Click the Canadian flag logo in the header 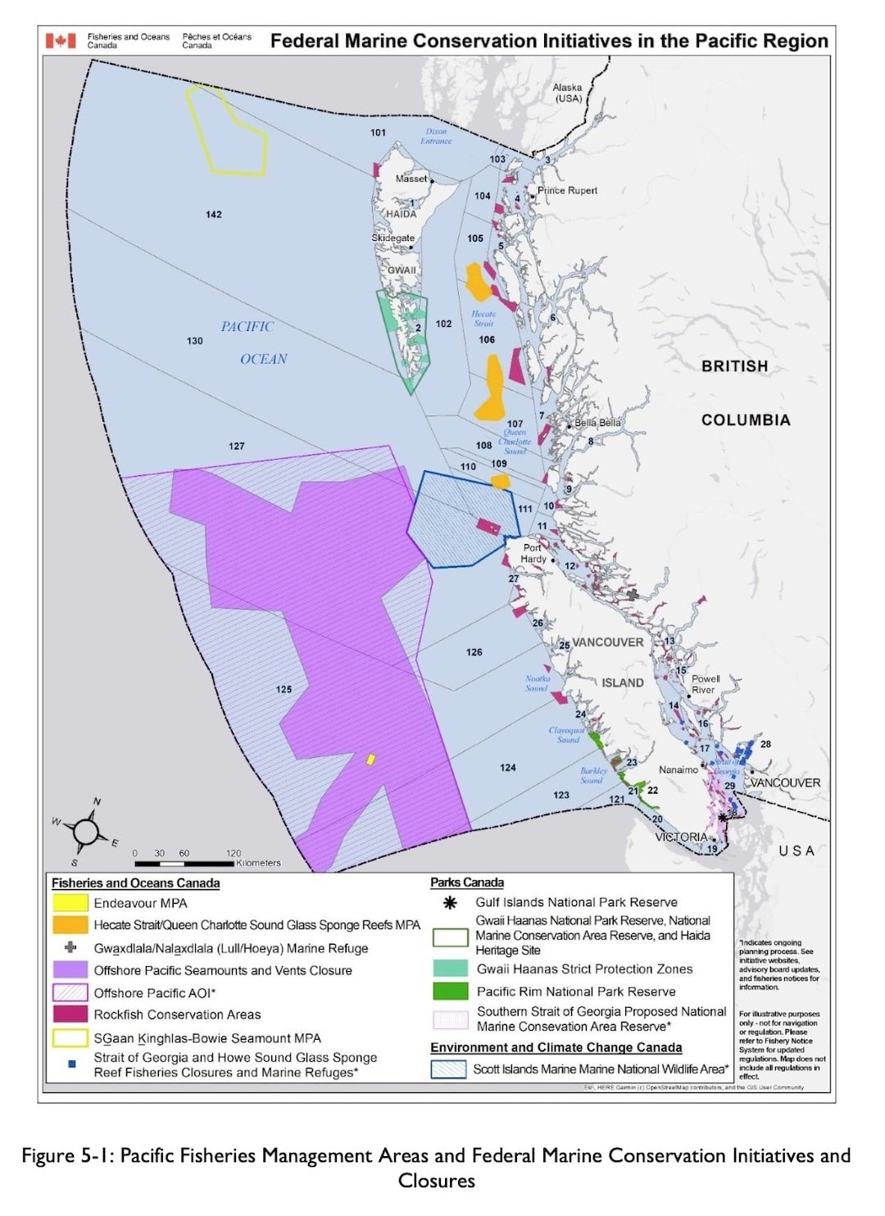(x=61, y=40)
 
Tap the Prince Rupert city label (x=567, y=190)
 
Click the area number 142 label (x=214, y=215)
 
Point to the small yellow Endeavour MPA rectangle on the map (x=370, y=760)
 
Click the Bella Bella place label (x=597, y=423)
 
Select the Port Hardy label (x=533, y=553)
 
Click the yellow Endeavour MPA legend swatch (x=70, y=903)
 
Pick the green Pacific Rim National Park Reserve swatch (x=450, y=991)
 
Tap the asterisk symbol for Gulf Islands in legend (x=450, y=903)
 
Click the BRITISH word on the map (x=734, y=366)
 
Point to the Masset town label (x=411, y=179)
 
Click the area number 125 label (x=284, y=689)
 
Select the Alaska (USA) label (x=568, y=93)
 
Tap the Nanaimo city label (x=678, y=770)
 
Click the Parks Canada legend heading (x=467, y=883)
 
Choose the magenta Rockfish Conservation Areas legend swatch (x=70, y=1014)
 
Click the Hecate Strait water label (x=483, y=319)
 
